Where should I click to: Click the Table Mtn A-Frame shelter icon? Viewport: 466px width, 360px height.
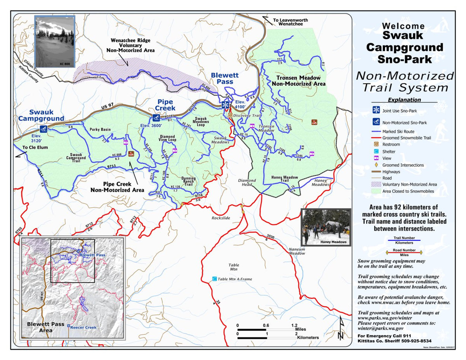[x=214, y=279]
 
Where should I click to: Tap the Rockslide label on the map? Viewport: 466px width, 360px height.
[x=221, y=218]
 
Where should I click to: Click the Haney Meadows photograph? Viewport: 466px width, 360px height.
[x=325, y=227]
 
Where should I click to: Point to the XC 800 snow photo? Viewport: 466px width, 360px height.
[x=54, y=42]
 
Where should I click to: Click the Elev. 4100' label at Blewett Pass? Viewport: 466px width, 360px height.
[x=240, y=104]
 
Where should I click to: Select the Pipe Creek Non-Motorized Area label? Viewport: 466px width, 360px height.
[x=117, y=187]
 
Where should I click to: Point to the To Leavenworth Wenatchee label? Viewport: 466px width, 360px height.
[x=287, y=22]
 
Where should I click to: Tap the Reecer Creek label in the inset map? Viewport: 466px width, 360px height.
[x=83, y=327]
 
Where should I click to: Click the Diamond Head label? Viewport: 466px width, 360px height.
[x=247, y=183]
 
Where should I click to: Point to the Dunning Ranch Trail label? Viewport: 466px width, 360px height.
[x=188, y=181]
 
